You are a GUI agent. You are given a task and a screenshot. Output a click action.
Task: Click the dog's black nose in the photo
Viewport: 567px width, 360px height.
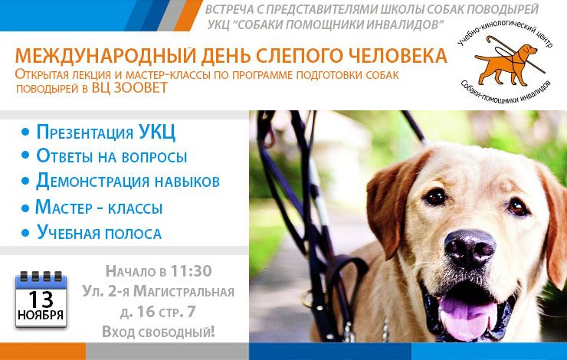point(468,248)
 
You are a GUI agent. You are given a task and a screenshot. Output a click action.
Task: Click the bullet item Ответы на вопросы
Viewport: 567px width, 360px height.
point(112,156)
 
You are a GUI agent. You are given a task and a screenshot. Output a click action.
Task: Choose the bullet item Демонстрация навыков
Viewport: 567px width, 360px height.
point(128,182)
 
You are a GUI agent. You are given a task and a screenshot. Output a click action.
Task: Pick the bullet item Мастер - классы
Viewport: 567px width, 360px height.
point(99,207)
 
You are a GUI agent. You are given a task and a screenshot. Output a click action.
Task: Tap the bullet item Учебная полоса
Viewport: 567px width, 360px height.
point(99,233)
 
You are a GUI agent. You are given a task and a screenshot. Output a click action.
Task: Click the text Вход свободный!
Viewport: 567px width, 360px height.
point(159,331)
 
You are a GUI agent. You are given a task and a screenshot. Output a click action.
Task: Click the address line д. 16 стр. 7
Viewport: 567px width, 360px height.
point(158,311)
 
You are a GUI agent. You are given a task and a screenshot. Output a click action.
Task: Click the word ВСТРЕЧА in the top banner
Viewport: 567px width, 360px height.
point(231,10)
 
